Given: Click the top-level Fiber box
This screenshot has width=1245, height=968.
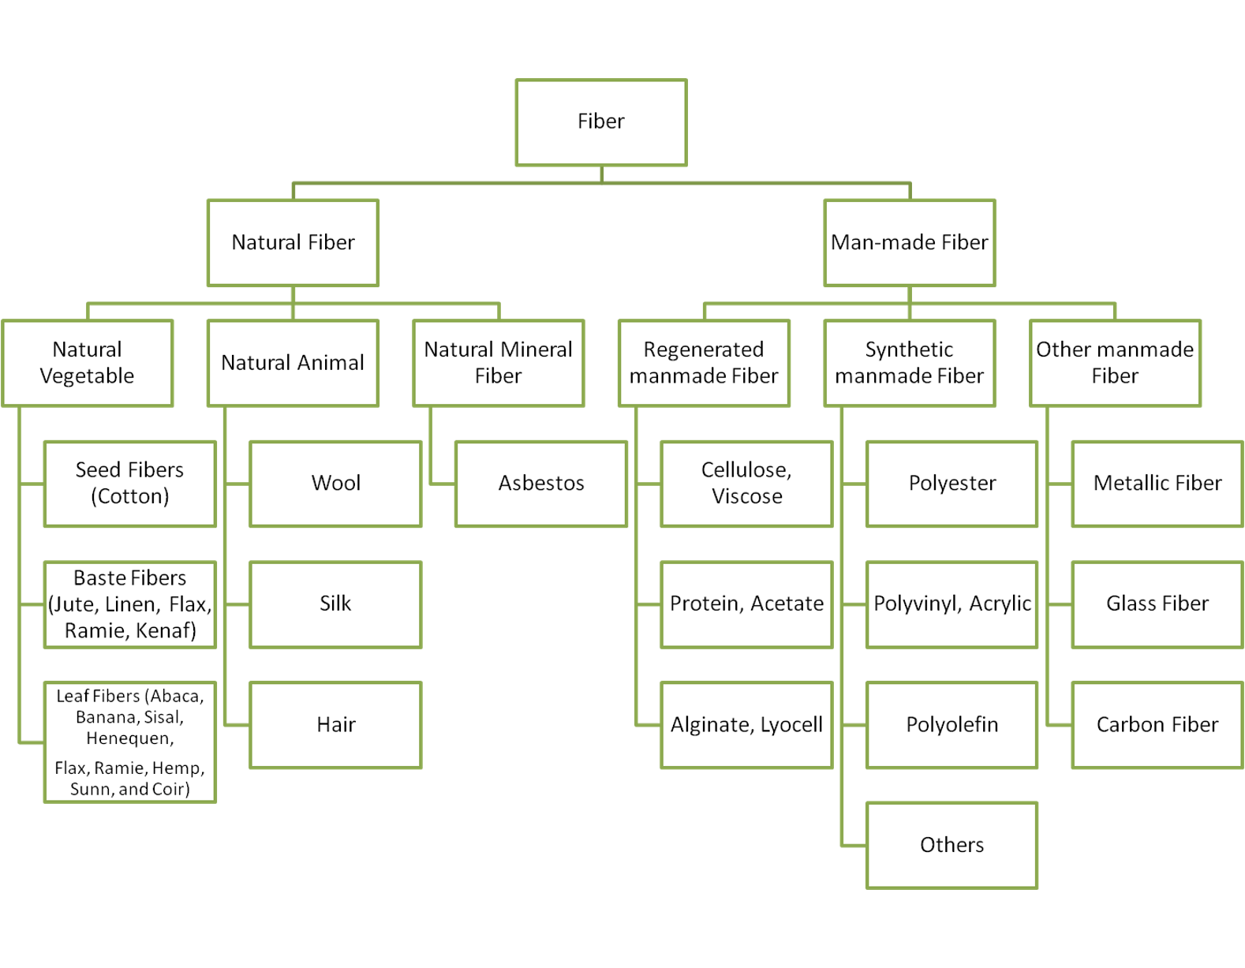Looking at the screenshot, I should point(601,122).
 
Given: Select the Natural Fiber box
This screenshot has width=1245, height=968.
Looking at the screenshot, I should point(293,242).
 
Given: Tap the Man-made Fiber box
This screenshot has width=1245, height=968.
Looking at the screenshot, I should point(909,242).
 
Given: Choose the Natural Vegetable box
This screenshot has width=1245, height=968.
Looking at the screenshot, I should point(87,363).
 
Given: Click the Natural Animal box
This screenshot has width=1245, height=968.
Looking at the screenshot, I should point(293,363).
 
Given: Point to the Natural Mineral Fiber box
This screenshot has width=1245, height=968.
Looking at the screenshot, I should point(498,363).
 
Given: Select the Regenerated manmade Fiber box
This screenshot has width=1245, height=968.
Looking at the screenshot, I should point(704,363).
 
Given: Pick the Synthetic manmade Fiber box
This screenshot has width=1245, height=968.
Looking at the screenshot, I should point(909,363).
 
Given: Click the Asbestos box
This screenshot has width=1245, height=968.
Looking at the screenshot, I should point(541,484).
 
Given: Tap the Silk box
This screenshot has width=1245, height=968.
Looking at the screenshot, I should point(335,604).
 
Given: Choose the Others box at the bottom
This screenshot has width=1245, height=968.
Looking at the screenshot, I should point(952,845).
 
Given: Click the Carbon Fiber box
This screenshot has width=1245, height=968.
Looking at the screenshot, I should point(1157,724).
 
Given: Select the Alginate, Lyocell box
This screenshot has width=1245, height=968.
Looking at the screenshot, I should point(746,724).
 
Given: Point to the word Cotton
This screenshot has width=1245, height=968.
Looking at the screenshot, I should point(130,496).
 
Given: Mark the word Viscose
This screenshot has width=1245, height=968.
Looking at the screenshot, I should point(747,496).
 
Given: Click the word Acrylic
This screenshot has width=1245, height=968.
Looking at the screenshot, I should point(1000,604).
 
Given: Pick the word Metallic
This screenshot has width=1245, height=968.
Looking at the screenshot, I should point(1130,483).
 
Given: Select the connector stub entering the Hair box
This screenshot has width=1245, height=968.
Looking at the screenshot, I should point(237,724).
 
